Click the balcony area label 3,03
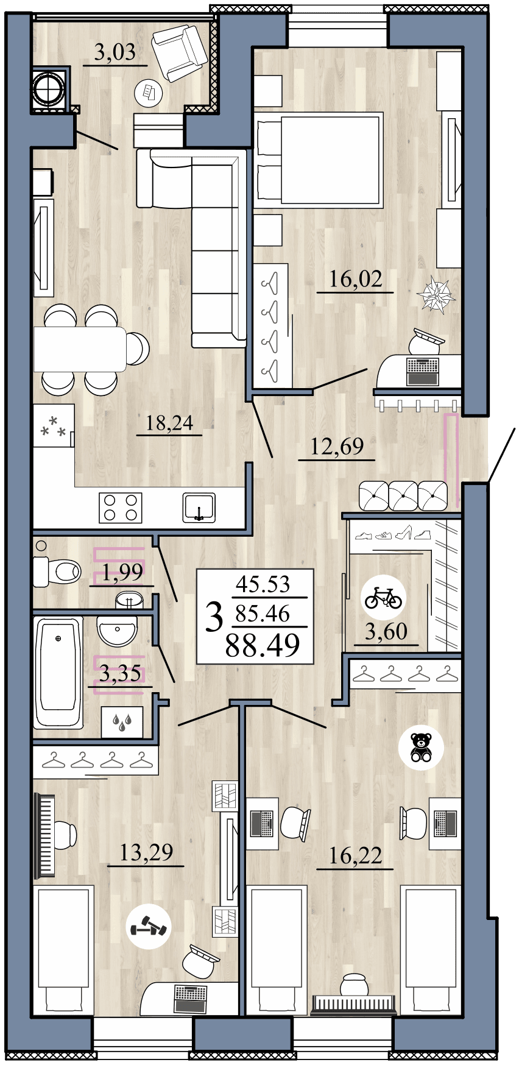115,52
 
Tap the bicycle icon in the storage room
383,598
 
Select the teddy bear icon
421,748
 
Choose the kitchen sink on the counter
199,508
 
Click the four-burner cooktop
121,508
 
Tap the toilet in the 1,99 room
58,571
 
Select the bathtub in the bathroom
58,671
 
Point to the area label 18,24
169,422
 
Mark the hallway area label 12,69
337,447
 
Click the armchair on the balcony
178,52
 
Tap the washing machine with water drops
122,723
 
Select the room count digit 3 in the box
214,617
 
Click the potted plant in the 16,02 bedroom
437,295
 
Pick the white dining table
80,349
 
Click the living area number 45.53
263,584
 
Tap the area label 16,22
355,855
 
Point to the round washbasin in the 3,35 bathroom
118,631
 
